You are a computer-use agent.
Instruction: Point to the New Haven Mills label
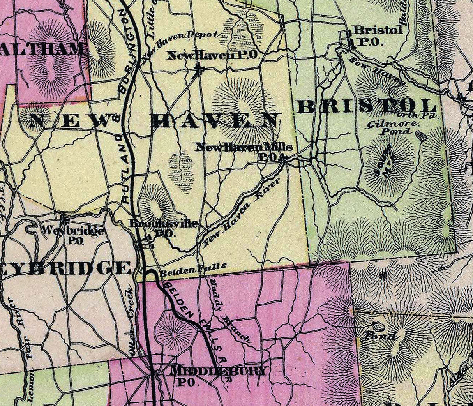click(243, 147)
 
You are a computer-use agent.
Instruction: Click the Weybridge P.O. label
click(73, 235)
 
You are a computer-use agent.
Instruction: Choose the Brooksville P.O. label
click(163, 228)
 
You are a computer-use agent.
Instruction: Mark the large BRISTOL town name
click(367, 106)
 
